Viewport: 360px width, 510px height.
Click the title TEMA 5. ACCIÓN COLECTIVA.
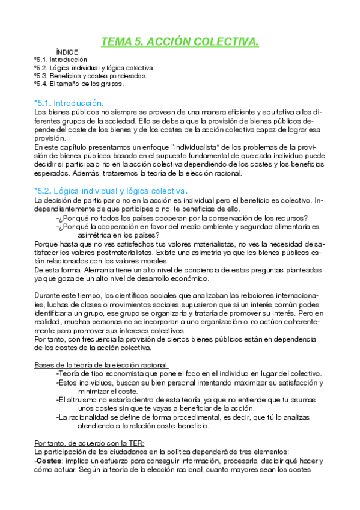tap(180, 41)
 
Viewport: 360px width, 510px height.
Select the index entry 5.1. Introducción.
tap(63, 60)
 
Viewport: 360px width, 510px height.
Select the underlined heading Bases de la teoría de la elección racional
tap(101, 365)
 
